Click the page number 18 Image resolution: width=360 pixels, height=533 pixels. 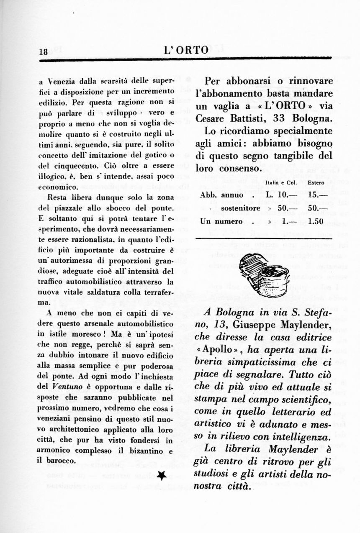43,52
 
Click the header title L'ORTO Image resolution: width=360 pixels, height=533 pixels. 186,51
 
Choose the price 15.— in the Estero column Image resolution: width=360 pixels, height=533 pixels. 316,195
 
